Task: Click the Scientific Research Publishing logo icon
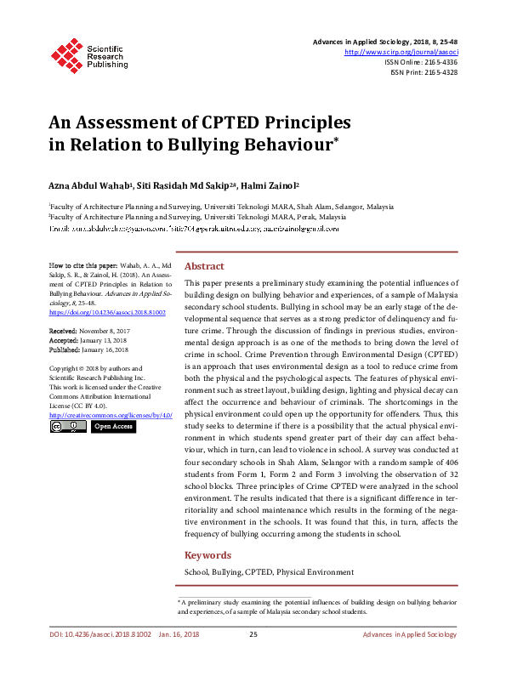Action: pos(65,53)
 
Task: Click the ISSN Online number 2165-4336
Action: pos(438,62)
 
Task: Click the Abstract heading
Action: pos(204,266)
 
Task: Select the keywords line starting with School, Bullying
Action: pos(269,573)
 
